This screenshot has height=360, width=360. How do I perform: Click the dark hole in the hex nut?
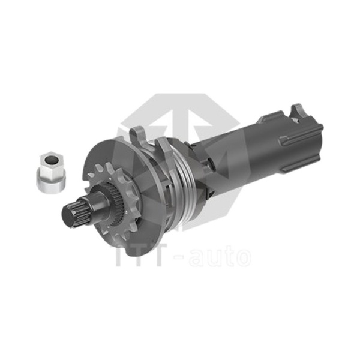click(50, 159)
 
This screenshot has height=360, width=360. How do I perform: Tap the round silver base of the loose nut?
click(51, 181)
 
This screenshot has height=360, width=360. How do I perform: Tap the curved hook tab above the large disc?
click(138, 136)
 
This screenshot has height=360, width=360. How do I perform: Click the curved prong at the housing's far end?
click(297, 110)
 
